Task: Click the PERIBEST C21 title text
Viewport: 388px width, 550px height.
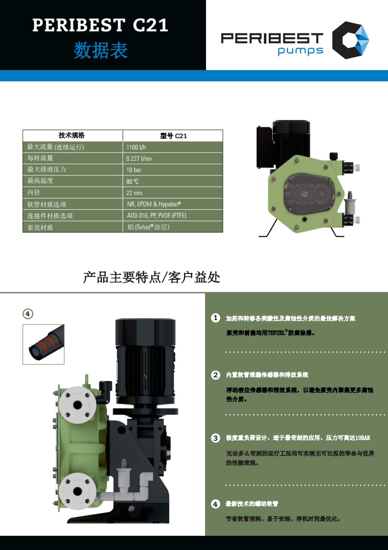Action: [100, 25]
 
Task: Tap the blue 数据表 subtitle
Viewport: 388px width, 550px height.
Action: [101, 50]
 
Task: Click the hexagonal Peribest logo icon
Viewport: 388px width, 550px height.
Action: [350, 40]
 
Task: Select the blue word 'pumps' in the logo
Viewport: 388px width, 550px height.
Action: [301, 51]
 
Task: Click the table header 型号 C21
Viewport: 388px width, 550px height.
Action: [174, 136]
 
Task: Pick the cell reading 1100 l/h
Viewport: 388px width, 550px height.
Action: [136, 148]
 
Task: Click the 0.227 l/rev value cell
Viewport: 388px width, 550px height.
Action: [139, 158]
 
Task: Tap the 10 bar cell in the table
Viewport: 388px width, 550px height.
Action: [134, 170]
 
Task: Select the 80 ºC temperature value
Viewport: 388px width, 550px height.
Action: [132, 181]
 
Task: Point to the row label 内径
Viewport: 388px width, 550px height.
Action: [34, 192]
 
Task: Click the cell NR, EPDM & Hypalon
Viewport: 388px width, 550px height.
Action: [154, 204]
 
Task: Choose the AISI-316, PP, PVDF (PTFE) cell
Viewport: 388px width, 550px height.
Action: [156, 215]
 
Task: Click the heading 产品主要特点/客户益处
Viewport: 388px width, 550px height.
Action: [152, 277]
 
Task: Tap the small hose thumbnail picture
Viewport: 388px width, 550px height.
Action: [44, 344]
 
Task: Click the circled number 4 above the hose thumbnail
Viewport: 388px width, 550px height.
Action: [28, 314]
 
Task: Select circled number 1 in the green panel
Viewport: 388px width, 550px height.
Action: [216, 318]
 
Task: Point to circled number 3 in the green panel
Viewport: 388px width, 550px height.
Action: [216, 438]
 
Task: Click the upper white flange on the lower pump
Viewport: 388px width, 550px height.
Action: [77, 405]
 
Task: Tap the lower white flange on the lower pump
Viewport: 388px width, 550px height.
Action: [78, 492]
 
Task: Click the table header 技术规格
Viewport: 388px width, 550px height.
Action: [72, 135]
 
